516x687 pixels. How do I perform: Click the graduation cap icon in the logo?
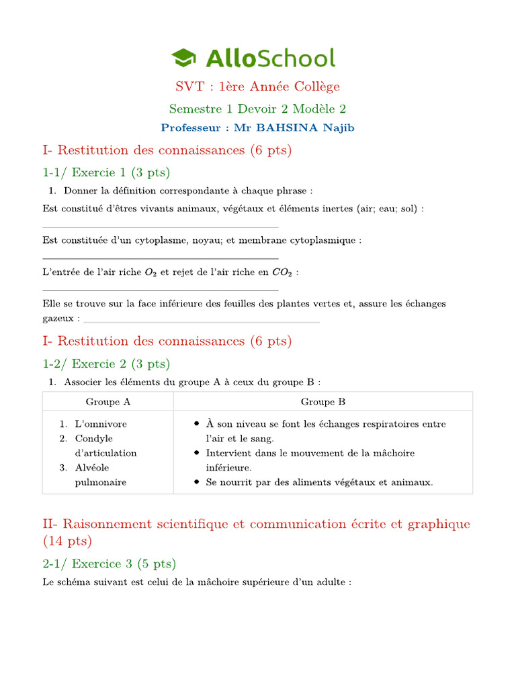tap(183, 58)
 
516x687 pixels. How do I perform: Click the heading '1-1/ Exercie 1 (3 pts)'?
tap(106, 172)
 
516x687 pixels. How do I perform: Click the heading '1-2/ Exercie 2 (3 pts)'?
tap(106, 364)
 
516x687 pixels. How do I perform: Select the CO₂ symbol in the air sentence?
tap(282, 272)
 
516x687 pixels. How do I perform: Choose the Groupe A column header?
tap(107, 402)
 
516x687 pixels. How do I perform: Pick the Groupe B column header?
tap(323, 402)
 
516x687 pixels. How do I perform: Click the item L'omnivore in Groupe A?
tap(101, 424)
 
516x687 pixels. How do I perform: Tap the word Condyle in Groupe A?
tap(94, 439)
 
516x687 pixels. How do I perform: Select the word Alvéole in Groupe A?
tap(92, 468)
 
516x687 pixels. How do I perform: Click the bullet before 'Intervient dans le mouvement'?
tap(196, 454)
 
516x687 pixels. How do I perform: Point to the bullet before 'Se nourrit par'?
tap(196, 482)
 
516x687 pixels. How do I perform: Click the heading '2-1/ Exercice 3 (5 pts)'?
tap(109, 564)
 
